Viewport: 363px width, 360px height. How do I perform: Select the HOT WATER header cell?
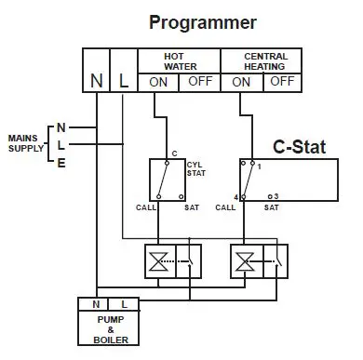point(177,60)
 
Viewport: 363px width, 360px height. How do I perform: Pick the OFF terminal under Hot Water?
point(197,82)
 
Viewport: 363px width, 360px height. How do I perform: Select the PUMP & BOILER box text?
point(110,327)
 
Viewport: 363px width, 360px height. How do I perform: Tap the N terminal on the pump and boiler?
point(96,303)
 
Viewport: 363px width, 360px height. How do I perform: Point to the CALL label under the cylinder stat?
point(144,207)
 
